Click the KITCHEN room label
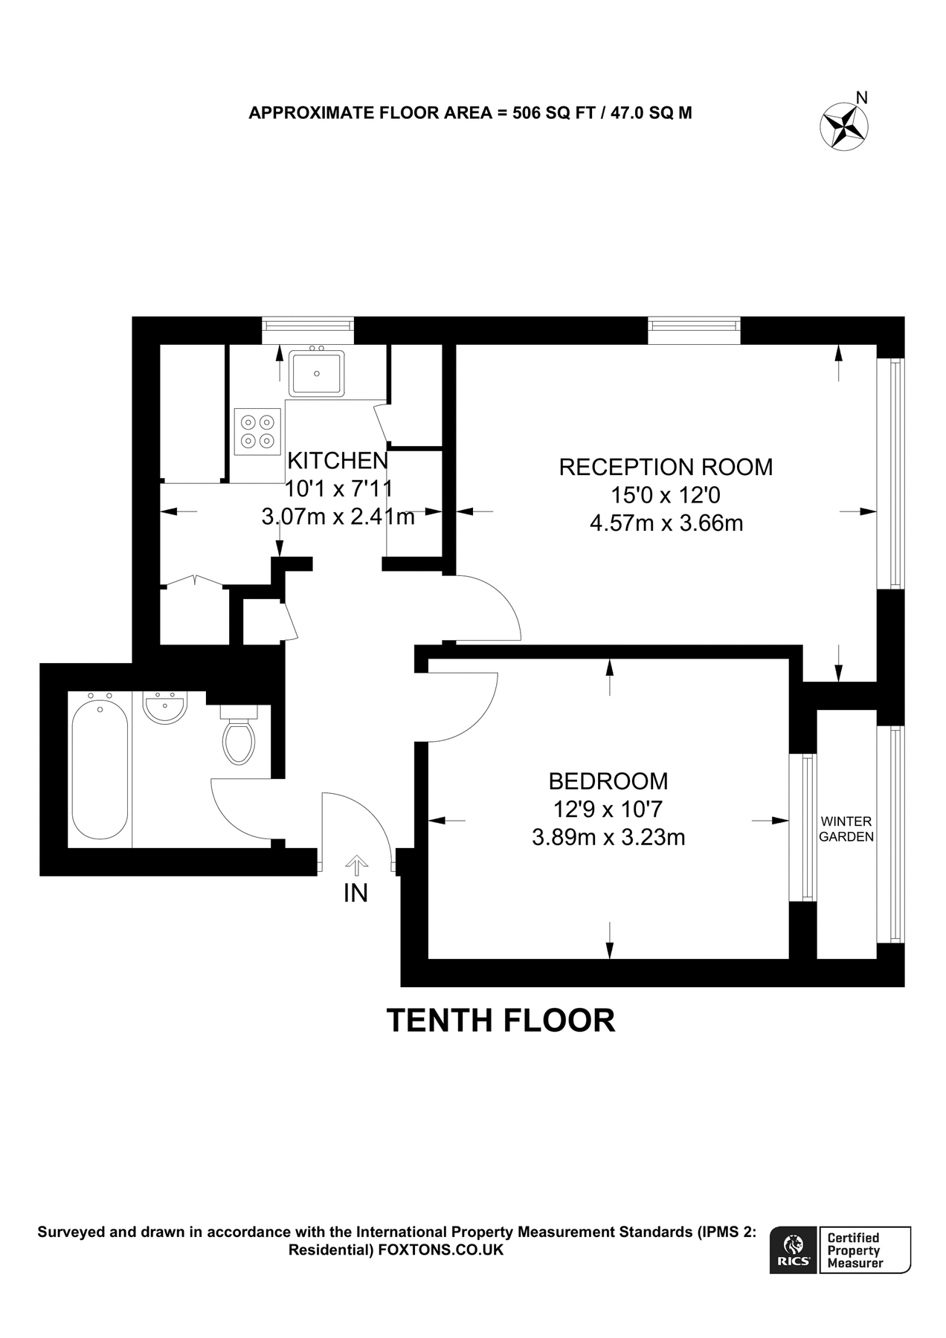pos(338,461)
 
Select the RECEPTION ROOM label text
pos(666,468)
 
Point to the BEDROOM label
pos(608,781)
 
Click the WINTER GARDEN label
pos(846,829)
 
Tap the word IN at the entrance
pos(355,893)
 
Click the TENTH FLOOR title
pos(501,1021)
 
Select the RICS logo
pos(793,1250)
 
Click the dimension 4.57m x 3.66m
pos(666,523)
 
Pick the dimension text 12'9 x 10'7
pos(608,809)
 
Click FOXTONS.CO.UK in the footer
pos(441,1250)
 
